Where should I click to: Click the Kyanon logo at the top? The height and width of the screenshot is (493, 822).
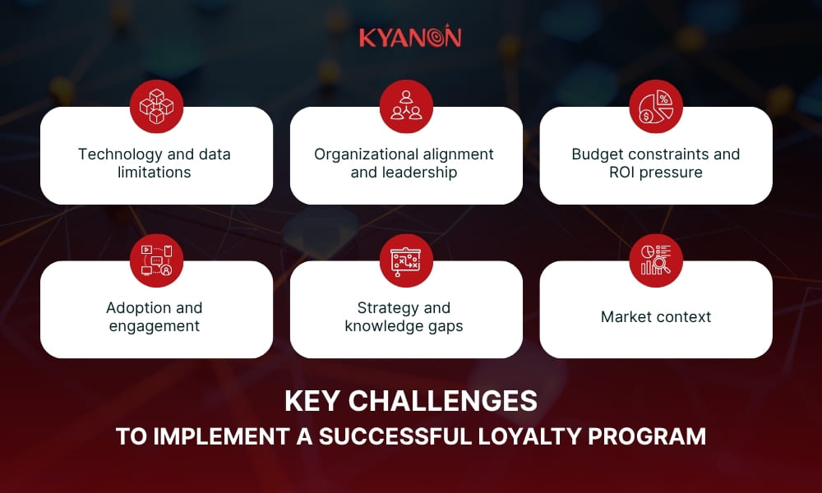[410, 37]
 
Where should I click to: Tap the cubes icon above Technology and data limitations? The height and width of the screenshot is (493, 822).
[156, 106]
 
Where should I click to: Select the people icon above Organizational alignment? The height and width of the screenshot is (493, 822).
[406, 106]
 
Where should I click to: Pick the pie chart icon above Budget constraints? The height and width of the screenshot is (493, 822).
[655, 106]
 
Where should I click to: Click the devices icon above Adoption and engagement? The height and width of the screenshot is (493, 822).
[156, 260]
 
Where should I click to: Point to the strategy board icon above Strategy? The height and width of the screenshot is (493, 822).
[406, 260]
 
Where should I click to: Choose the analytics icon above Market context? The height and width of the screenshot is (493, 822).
[655, 260]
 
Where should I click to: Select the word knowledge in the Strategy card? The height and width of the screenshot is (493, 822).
[383, 326]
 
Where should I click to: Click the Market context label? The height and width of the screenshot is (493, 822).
[655, 317]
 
